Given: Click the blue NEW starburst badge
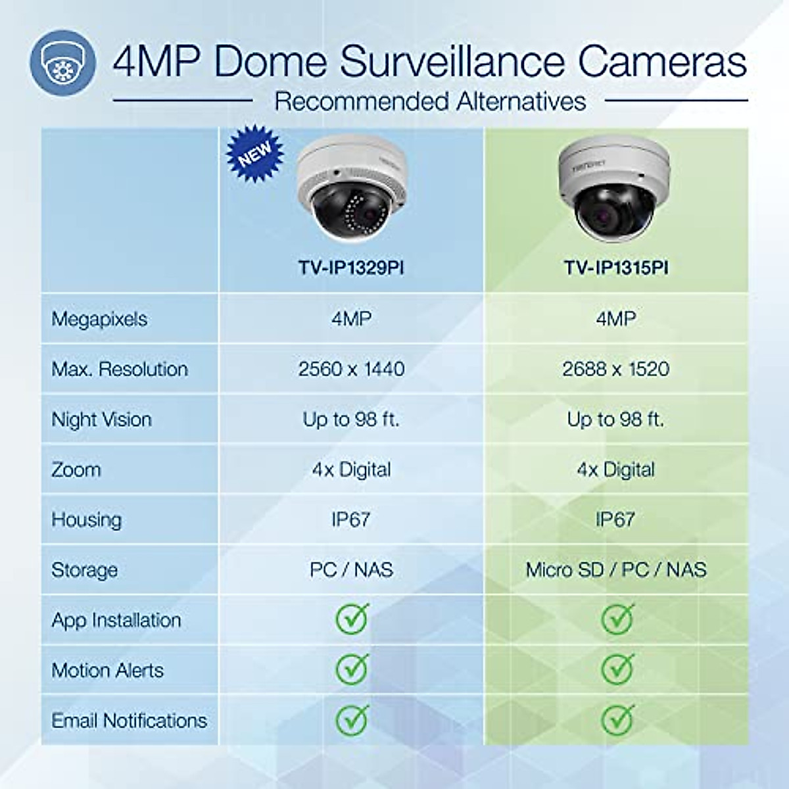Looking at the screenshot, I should (x=255, y=154).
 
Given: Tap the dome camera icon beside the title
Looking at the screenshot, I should (x=62, y=62).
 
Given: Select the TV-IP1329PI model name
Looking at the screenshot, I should (x=351, y=268).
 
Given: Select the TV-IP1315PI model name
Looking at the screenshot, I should (x=616, y=268).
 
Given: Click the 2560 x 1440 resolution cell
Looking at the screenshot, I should (x=351, y=369).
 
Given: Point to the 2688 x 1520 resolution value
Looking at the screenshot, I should (x=616, y=369).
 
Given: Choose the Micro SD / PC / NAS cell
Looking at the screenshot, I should (x=616, y=569).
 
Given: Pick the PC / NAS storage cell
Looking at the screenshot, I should (x=351, y=569).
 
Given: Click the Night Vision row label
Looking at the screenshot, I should (x=102, y=419).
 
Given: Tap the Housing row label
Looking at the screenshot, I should (x=87, y=520).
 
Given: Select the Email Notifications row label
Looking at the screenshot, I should (x=130, y=721).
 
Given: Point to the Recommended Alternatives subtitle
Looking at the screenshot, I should (x=430, y=101).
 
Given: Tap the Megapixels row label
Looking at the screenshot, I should (x=99, y=319).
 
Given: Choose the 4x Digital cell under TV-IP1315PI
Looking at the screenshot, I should (x=616, y=469).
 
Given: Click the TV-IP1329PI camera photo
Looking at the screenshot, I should (x=352, y=191).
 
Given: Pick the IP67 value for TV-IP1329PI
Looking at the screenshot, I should (x=351, y=519).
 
